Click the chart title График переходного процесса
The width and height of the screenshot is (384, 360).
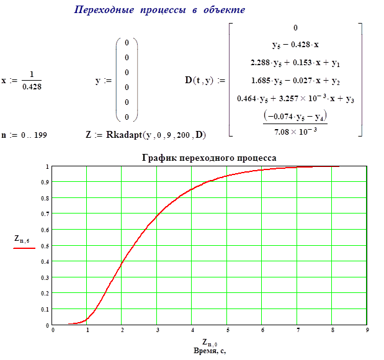point(210,158)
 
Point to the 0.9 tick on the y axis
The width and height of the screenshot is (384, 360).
point(45,182)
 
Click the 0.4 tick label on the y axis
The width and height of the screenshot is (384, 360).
point(45,261)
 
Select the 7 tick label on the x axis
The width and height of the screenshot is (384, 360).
point(297,330)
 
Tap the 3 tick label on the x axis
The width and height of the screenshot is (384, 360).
point(157,330)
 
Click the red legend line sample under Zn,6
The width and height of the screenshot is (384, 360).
point(24,247)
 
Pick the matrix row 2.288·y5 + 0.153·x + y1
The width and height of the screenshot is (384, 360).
point(295,63)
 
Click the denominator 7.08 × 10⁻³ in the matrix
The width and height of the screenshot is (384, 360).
point(295,129)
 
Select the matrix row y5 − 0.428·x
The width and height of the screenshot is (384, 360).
point(295,45)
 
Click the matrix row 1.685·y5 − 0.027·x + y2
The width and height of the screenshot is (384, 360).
point(295,81)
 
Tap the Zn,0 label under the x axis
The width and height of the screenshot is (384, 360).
point(208,342)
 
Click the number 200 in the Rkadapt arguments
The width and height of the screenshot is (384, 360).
point(185,135)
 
